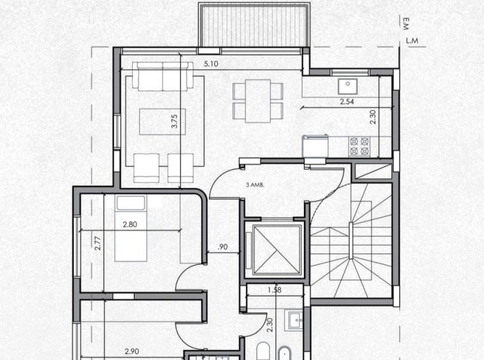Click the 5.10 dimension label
211,64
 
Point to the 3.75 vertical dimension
174,121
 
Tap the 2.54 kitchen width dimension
347,101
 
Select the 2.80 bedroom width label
130,224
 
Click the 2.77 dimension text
98,243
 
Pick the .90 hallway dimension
223,247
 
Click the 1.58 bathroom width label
275,290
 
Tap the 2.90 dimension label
132,351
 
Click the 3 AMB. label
255,185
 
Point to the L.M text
412,40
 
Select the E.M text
405,24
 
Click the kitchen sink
347,86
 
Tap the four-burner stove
359,146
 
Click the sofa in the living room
163,76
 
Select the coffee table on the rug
162,121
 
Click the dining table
258,101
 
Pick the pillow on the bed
130,203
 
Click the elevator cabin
276,250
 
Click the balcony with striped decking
254,26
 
